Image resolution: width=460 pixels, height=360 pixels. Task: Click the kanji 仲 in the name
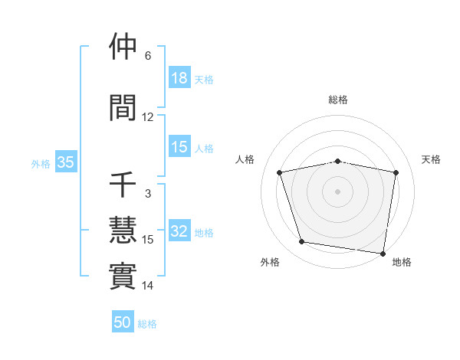(x=123, y=47)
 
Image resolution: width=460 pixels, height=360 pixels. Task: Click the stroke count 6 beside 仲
(x=148, y=56)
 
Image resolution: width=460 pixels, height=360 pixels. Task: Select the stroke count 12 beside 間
(x=148, y=117)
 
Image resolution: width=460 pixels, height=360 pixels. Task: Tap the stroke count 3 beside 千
(x=148, y=194)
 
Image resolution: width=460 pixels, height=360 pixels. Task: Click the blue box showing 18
(x=179, y=78)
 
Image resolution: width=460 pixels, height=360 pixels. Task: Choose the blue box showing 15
(x=179, y=147)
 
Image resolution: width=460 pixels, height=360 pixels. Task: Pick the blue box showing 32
(x=179, y=232)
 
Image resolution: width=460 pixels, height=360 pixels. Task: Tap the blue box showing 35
(x=65, y=162)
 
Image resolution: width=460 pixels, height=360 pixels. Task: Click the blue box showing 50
(x=123, y=322)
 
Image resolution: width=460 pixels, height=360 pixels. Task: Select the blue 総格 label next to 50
(x=147, y=324)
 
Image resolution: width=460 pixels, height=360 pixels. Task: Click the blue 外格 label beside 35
(x=41, y=163)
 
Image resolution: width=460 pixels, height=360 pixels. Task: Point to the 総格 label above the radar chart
(x=338, y=100)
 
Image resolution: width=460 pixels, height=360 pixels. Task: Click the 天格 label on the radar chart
(x=432, y=159)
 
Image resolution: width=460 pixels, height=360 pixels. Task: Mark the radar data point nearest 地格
(x=383, y=253)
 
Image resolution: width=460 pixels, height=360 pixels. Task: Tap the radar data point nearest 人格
(x=280, y=172)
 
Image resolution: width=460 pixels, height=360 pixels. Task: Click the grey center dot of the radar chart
(x=338, y=191)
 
